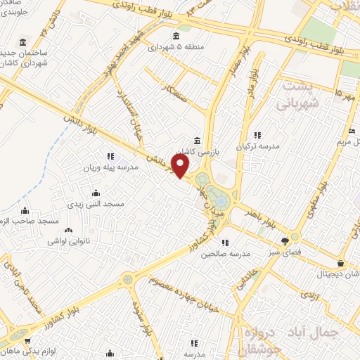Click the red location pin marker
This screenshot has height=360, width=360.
181,167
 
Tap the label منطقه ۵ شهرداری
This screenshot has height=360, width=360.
167,48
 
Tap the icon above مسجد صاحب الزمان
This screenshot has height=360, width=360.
25,210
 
